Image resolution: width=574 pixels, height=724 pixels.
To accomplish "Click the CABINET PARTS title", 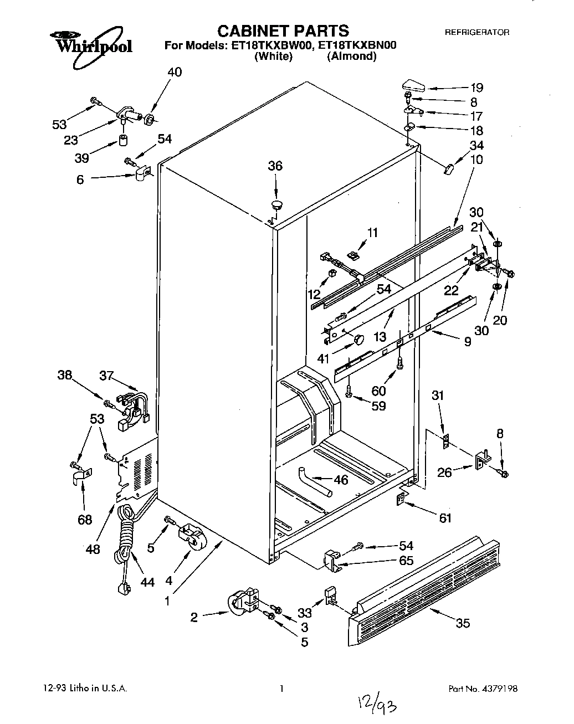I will (x=282, y=30).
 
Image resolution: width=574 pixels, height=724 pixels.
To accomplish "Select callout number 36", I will (x=275, y=166).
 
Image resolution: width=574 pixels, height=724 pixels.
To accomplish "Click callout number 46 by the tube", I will (x=341, y=480).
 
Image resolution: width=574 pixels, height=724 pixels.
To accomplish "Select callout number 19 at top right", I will (x=476, y=88).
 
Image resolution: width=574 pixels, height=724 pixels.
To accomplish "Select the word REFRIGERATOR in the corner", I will (x=477, y=33).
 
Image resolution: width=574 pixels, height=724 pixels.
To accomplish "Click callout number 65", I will (x=406, y=560).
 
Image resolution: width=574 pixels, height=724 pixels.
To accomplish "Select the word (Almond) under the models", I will (x=352, y=57).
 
